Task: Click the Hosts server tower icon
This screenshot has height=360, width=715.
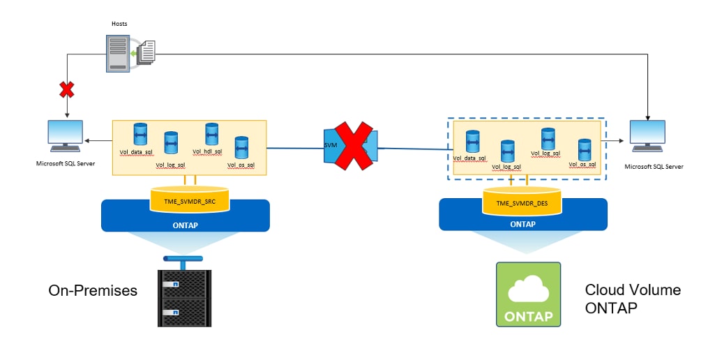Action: point(118,53)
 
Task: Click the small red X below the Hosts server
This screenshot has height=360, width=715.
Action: point(67,90)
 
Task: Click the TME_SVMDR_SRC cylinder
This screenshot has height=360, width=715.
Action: point(190,201)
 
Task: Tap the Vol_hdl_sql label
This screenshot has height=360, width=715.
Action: point(207,151)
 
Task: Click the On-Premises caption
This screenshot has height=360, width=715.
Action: point(93,290)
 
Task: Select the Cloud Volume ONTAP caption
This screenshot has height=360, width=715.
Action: point(633,298)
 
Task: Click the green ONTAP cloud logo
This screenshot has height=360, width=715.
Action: point(528,294)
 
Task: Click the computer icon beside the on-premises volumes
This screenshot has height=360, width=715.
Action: point(65,137)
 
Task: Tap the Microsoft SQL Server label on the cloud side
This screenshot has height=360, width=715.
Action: point(654,167)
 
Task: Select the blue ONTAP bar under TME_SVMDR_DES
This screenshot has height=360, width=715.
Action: point(520,224)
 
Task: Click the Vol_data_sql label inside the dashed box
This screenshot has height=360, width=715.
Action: point(469,158)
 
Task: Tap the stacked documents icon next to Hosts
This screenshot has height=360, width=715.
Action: point(145,52)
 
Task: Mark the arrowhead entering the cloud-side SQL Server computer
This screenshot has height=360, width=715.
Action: point(648,116)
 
